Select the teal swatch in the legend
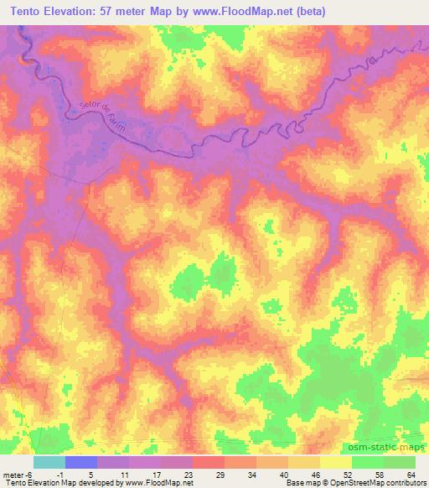click(49, 462)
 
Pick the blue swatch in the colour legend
click(81, 462)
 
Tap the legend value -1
click(67, 475)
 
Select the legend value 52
click(350, 475)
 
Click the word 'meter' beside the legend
click(15, 475)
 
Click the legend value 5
click(99, 475)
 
